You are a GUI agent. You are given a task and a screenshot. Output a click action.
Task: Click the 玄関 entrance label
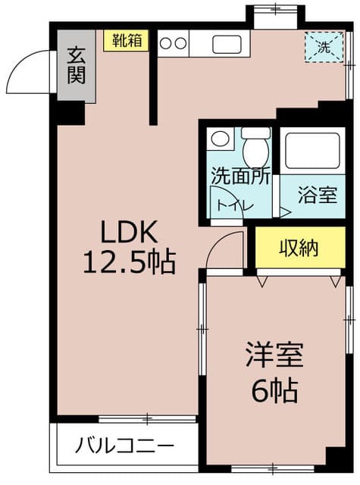coord(76,66)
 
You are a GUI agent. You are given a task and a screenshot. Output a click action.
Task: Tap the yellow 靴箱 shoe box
coord(126,40)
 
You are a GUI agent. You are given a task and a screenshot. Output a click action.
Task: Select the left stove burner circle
coord(166,43)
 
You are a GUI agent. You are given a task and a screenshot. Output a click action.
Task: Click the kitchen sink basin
coord(227,44)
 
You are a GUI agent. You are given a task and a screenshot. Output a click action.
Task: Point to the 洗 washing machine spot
coord(324,47)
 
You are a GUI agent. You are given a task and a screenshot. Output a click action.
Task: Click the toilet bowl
coord(255,152)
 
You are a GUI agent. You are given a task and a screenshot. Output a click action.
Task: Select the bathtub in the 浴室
coord(312,151)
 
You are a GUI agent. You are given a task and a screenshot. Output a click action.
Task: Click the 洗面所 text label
coord(240,177)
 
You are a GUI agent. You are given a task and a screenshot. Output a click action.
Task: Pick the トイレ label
coord(235,205)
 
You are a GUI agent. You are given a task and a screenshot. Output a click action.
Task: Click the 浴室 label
coord(318,196)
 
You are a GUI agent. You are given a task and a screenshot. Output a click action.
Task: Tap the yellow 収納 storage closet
coord(300,247)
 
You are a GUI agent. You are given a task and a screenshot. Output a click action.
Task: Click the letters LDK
coord(130,232)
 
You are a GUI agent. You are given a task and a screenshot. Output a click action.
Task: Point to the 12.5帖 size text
coord(130,263)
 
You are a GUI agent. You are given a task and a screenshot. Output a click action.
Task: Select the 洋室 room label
coord(274,355)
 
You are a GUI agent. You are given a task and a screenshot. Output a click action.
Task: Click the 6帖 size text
coord(274,390)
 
